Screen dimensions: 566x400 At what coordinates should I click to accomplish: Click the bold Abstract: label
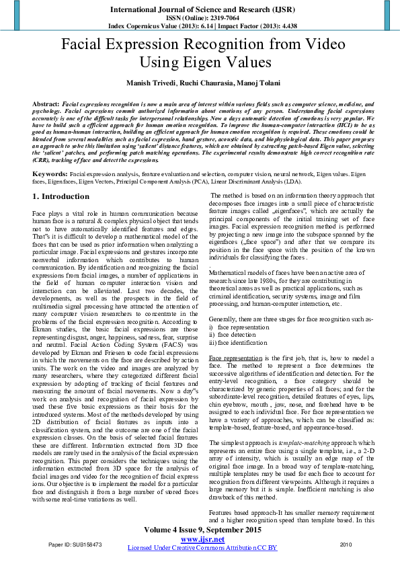click(46, 106)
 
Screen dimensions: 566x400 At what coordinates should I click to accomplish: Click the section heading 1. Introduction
click(61, 196)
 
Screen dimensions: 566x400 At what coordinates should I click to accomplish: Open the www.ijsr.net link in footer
click(202, 538)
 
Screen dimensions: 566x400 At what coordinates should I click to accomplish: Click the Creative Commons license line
click(202, 547)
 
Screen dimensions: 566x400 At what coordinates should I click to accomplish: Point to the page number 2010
click(346, 544)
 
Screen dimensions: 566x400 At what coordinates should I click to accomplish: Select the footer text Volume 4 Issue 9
click(176, 530)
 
